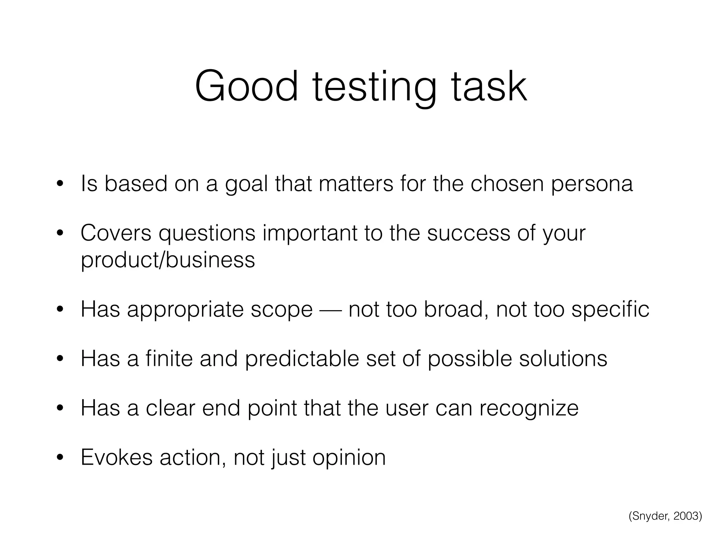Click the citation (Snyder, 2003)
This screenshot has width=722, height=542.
[x=665, y=516]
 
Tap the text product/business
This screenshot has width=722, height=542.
[x=168, y=260]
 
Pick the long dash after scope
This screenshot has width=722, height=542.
[x=331, y=310]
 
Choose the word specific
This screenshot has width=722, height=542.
[x=610, y=310]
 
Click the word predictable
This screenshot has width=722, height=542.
[x=302, y=359]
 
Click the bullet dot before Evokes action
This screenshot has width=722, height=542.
[x=60, y=458]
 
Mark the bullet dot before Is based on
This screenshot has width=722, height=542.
[x=60, y=184]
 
